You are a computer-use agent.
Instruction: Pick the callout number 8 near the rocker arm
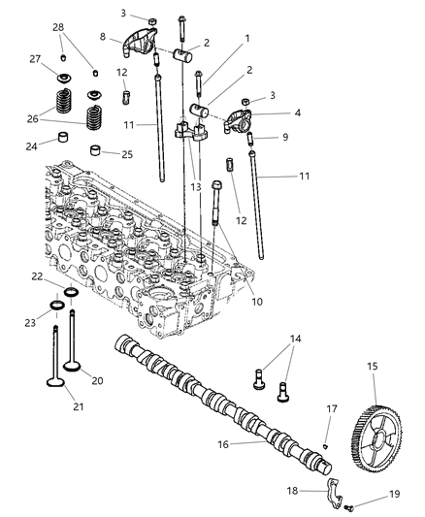point(102,37)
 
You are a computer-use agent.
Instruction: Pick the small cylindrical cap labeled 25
point(96,151)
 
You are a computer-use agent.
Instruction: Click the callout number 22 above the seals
point(36,277)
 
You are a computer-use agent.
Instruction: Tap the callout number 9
point(285,137)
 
